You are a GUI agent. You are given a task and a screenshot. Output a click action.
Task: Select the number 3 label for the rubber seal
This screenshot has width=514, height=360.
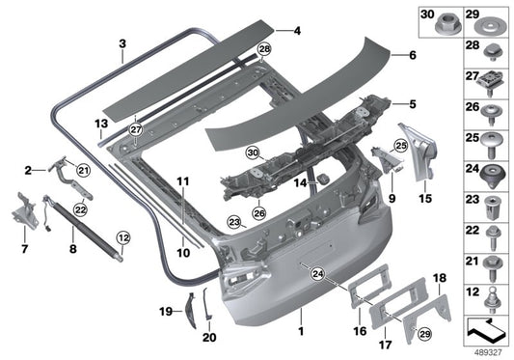click(x=122, y=44)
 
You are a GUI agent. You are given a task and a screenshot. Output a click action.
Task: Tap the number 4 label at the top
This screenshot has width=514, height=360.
click(x=297, y=31)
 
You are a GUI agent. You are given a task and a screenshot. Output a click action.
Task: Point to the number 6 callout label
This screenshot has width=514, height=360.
click(x=412, y=56)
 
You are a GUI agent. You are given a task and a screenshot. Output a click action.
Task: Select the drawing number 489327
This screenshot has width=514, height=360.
click(x=489, y=351)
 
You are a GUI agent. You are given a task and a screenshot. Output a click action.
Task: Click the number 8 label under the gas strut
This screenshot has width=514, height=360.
click(x=73, y=247)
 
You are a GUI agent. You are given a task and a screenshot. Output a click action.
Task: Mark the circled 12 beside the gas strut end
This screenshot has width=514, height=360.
click(x=122, y=236)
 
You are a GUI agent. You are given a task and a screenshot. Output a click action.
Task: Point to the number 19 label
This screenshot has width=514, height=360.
click(x=163, y=311)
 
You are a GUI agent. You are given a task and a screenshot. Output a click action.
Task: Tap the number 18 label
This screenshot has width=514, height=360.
click(x=439, y=278)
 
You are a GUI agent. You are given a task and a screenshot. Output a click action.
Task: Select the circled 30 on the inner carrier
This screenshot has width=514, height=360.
click(x=253, y=152)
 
